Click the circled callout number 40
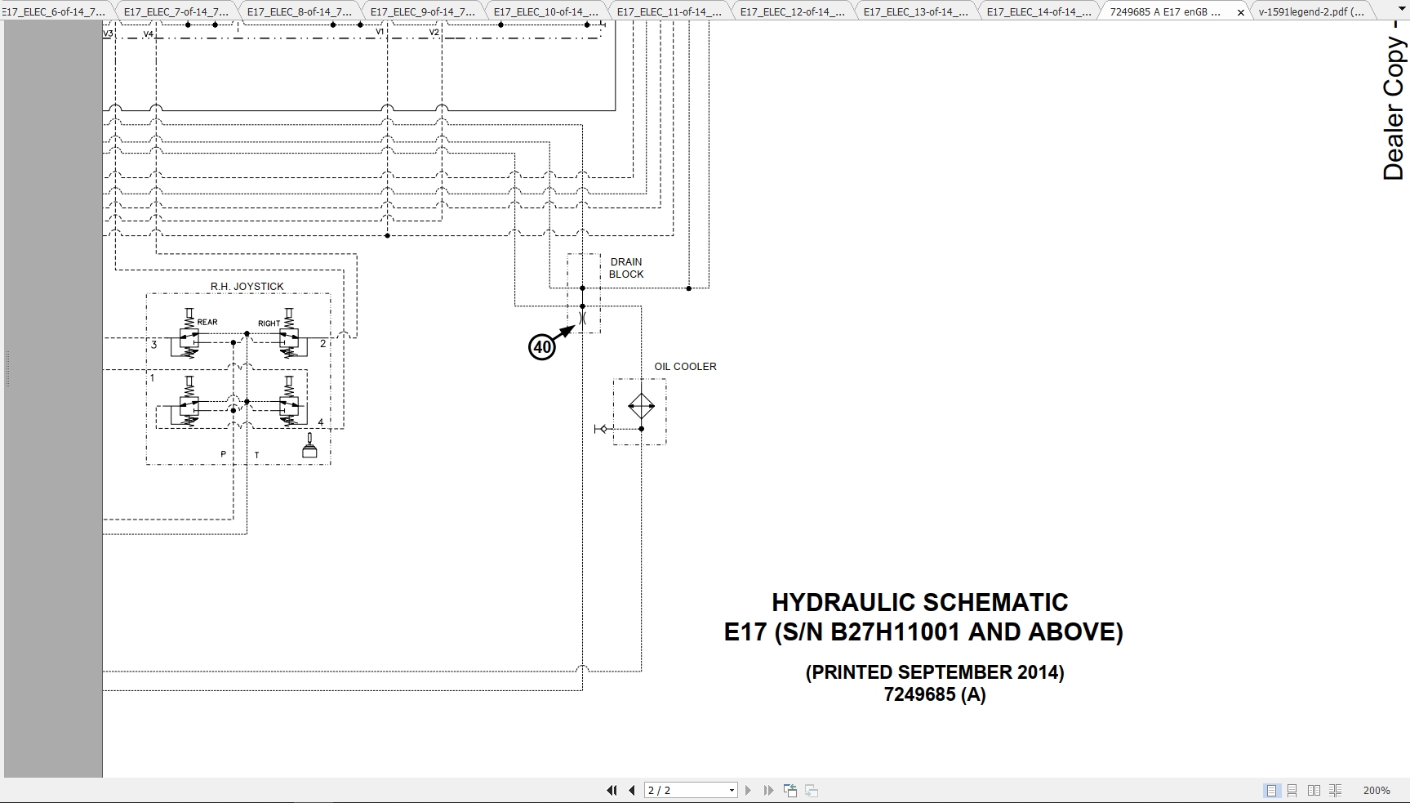click(542, 347)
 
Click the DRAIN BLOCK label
click(626, 268)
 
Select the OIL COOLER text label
click(685, 366)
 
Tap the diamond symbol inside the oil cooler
click(641, 406)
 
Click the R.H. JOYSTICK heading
click(247, 286)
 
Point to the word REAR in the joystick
click(207, 322)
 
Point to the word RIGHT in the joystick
click(269, 323)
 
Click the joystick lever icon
click(309, 446)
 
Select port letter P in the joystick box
click(223, 454)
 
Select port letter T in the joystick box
click(256, 455)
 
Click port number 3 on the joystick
click(153, 345)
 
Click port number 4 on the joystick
click(321, 422)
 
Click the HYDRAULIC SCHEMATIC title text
click(919, 603)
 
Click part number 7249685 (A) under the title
click(934, 694)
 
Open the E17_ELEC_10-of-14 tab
click(545, 11)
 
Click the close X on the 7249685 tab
click(1240, 12)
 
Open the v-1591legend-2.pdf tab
click(1311, 11)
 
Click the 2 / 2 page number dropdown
click(691, 790)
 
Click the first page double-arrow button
click(611, 790)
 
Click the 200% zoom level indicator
click(1376, 790)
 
